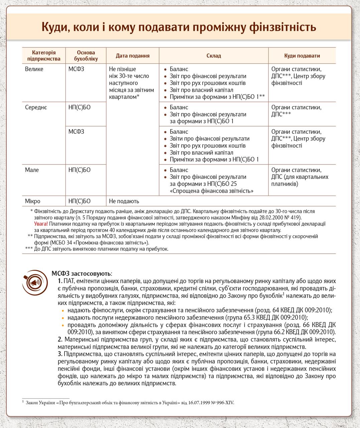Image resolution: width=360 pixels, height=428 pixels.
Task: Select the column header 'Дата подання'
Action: (132, 56)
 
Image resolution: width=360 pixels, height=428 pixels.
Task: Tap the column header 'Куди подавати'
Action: (302, 56)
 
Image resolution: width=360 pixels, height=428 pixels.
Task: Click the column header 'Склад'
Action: (214, 56)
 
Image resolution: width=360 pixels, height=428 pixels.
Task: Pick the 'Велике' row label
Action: (34, 69)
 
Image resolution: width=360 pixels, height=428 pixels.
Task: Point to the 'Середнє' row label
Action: (36, 107)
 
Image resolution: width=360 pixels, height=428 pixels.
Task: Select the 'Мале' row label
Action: (32, 170)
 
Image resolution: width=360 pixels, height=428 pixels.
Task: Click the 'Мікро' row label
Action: (32, 201)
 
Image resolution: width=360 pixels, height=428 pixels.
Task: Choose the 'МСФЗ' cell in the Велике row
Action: (76, 69)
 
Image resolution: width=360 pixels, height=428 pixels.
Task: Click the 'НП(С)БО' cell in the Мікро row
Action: (80, 201)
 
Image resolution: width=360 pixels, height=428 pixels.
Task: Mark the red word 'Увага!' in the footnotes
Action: (41, 224)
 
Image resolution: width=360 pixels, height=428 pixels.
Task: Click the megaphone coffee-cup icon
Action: (35, 283)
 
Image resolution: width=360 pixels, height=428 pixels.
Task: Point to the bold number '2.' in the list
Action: (60, 339)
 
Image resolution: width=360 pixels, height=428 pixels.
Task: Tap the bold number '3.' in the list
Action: (60, 354)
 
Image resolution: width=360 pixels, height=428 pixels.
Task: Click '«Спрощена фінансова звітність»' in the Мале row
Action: (211, 191)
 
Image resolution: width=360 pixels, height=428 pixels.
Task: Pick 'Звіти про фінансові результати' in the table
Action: (210, 139)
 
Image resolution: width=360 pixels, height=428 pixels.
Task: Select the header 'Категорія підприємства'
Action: (44, 56)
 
